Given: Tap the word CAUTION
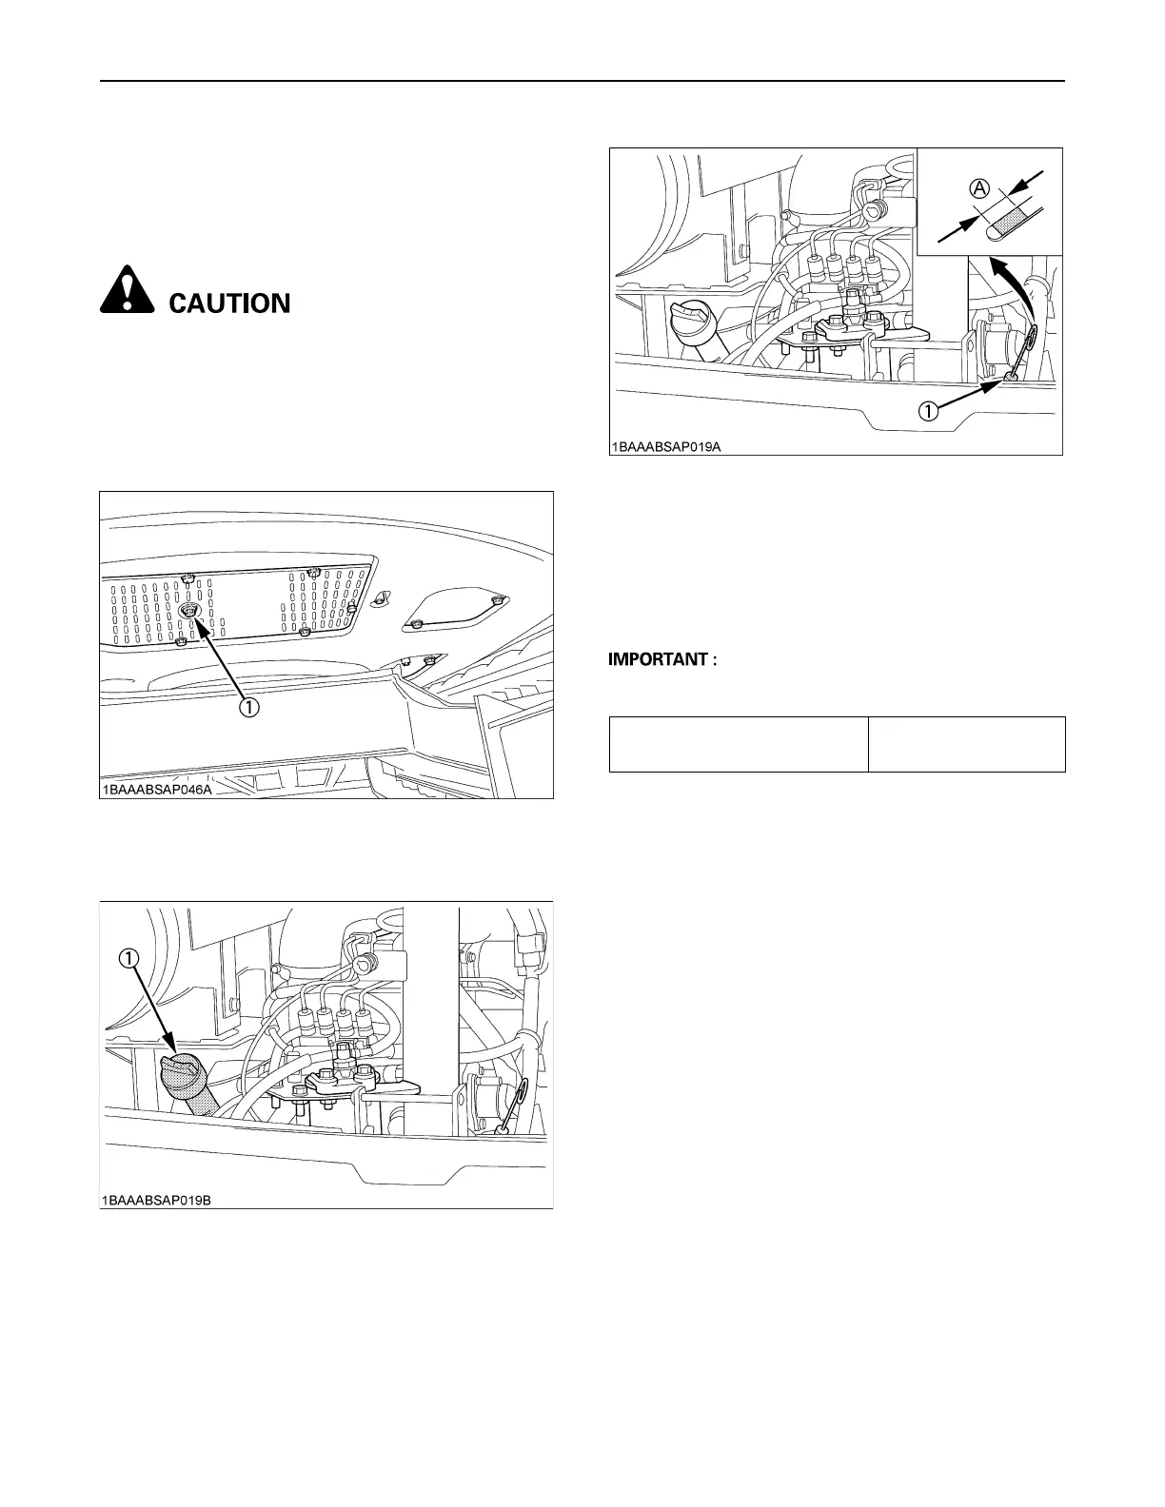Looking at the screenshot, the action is tap(229, 303).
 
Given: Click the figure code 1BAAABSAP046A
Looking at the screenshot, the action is tap(156, 789).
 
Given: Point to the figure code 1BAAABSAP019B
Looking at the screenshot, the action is tap(156, 1200).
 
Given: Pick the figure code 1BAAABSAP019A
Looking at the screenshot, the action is tap(666, 445).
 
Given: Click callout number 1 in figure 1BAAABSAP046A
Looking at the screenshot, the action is tap(248, 707).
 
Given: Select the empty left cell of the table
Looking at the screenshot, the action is tap(739, 744).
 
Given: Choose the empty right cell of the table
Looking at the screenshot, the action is tap(966, 744).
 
